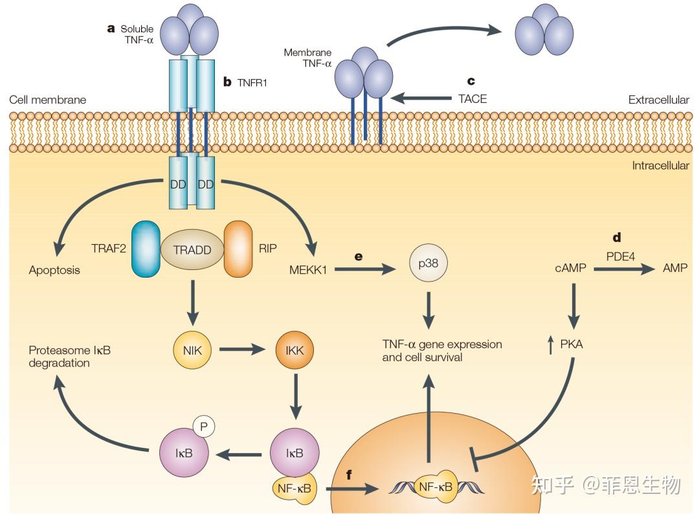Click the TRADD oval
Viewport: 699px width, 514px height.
click(x=192, y=249)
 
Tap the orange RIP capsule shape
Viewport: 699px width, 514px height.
click(x=238, y=249)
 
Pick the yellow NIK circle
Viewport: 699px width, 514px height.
click(x=192, y=350)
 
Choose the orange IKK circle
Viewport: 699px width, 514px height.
click(x=294, y=350)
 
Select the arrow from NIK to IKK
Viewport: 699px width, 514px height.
click(x=243, y=350)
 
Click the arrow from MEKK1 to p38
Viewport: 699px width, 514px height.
click(x=365, y=269)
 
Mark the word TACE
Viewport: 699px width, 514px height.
click(x=472, y=99)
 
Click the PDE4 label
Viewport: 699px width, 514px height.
click(x=620, y=256)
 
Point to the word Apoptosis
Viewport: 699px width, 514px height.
click(x=54, y=270)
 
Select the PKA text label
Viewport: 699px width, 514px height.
click(x=571, y=344)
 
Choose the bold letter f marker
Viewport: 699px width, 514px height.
click(x=349, y=475)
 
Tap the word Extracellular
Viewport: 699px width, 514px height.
click(x=658, y=100)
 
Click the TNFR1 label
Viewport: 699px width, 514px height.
click(x=251, y=82)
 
